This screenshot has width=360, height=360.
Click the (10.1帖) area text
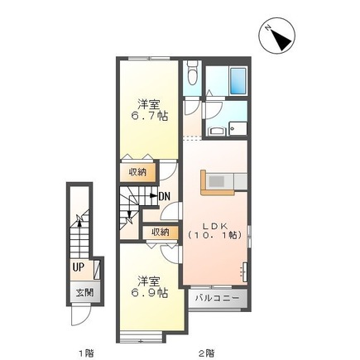click(213, 235)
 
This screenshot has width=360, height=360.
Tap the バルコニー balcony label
click(217, 297)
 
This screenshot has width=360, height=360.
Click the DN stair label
click(164, 196)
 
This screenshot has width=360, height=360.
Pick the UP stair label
click(78, 267)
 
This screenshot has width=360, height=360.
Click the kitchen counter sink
click(216, 180)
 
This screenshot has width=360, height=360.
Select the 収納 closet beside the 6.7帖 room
click(137, 172)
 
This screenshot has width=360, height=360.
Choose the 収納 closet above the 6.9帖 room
click(160, 232)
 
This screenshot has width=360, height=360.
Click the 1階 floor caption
click(86, 353)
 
